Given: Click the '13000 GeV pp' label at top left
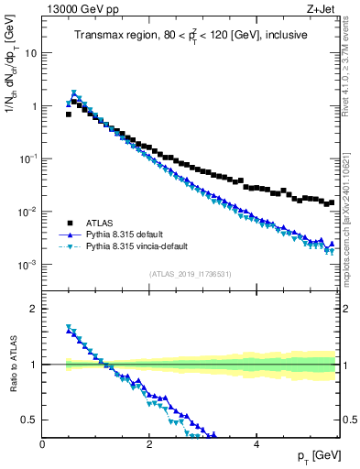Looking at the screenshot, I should click(80, 10).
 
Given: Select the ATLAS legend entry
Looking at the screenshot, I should click(100, 223).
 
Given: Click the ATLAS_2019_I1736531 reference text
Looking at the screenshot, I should click(191, 275).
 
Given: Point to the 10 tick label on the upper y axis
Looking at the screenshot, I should click(30, 53).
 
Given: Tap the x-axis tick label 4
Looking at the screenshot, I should click(256, 444).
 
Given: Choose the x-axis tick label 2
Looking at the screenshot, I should click(149, 444).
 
